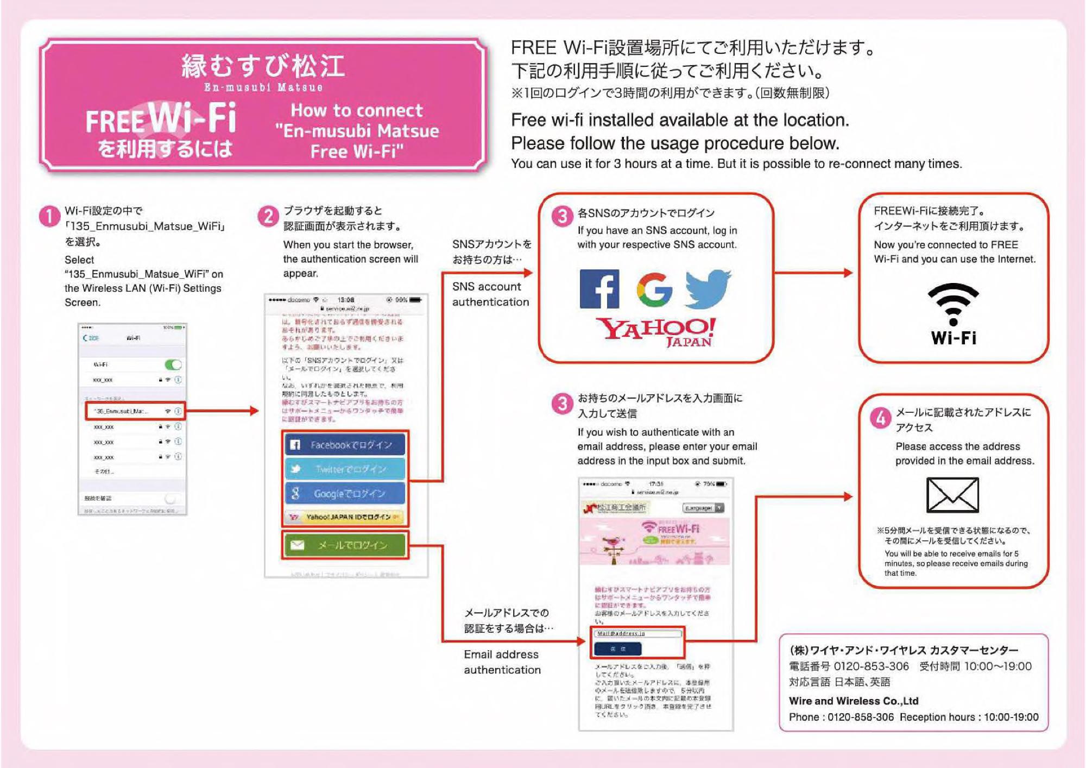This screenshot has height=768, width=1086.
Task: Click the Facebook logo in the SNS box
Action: pyautogui.click(x=599, y=289)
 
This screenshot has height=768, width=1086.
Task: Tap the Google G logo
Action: pyautogui.click(x=655, y=289)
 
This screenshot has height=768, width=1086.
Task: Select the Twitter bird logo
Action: pyautogui.click(x=708, y=288)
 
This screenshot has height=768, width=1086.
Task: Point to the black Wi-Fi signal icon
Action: pyautogui.click(x=953, y=304)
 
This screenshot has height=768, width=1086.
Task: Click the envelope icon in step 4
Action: pyautogui.click(x=952, y=495)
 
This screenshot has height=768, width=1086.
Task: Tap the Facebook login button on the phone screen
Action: pyautogui.click(x=345, y=445)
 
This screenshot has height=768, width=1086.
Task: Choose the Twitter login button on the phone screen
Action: pyautogui.click(x=345, y=469)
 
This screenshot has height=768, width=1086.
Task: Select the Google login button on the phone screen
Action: pyautogui.click(x=345, y=493)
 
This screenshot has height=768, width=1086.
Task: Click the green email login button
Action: pyautogui.click(x=345, y=545)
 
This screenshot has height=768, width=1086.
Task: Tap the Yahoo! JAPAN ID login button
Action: pyautogui.click(x=345, y=517)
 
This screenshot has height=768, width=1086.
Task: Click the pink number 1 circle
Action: pyautogui.click(x=49, y=216)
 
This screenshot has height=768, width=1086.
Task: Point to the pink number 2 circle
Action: pyautogui.click(x=268, y=216)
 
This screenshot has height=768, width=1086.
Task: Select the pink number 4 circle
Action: pyautogui.click(x=880, y=418)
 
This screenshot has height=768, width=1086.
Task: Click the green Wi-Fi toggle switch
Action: pyautogui.click(x=173, y=364)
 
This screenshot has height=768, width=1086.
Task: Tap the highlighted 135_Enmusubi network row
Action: pyautogui.click(x=135, y=411)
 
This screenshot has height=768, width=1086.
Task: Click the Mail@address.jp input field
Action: pyautogui.click(x=637, y=633)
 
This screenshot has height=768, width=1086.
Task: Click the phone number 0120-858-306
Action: pyautogui.click(x=860, y=717)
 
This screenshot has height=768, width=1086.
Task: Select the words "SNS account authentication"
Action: pyautogui.click(x=490, y=294)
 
